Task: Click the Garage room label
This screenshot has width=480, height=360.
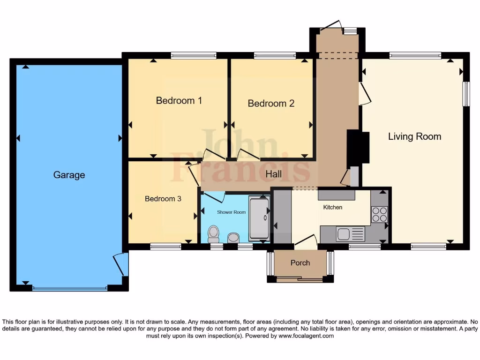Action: tap(69, 175)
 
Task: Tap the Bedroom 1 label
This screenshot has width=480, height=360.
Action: tap(179, 100)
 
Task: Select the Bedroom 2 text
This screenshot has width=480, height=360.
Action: tap(271, 103)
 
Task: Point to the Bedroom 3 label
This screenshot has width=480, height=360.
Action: tap(163, 199)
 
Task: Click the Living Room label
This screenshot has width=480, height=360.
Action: tap(414, 136)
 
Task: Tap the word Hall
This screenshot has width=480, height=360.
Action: tap(274, 174)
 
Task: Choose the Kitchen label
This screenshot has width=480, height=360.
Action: tap(333, 207)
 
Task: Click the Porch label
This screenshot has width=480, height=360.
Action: tap(300, 262)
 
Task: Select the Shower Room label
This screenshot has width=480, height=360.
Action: tap(231, 212)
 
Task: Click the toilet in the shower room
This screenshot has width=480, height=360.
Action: tap(214, 232)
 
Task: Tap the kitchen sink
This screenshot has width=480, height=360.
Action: tap(344, 233)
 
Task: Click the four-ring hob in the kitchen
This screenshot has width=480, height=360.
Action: tap(379, 214)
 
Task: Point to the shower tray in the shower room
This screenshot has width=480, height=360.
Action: tap(259, 218)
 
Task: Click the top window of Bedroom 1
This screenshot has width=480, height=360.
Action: tap(194, 55)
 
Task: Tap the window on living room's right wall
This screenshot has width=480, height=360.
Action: tap(466, 94)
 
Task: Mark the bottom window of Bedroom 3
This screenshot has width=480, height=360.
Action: tap(165, 246)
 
